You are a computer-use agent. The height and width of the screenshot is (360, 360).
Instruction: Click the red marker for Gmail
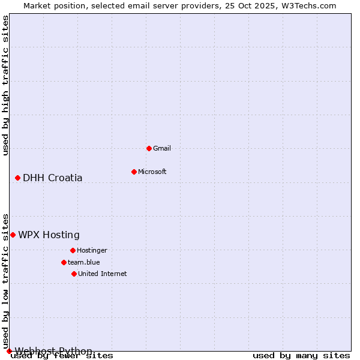coord(149,148)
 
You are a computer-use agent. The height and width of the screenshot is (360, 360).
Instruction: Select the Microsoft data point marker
coord(134,172)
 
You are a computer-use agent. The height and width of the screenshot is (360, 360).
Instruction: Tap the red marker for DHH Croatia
coord(17,178)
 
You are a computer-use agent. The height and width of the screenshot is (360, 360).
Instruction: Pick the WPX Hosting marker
coord(13,235)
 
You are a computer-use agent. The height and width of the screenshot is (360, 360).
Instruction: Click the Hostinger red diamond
coord(73,250)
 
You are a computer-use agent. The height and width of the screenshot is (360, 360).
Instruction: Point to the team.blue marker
coord(64,262)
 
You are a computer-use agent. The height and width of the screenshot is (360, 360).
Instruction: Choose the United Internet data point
coord(74,274)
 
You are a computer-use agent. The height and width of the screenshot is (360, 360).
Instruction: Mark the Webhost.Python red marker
coord(9,351)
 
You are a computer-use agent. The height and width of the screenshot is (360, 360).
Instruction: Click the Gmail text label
coord(162,148)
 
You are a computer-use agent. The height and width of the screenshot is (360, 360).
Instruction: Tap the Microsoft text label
coord(152,172)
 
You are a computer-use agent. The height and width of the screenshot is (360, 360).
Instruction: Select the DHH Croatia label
coord(53,178)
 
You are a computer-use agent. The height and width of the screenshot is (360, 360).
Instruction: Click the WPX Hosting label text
coord(49,235)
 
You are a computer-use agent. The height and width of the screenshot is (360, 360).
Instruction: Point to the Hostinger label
coord(92,250)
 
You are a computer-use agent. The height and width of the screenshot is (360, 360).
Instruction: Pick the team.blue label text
coord(84,262)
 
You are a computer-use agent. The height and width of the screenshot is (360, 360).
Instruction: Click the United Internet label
coord(103,274)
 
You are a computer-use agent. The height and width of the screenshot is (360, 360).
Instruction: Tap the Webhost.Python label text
coord(53,351)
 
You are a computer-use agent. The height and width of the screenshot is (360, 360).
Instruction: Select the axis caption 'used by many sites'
coord(301,356)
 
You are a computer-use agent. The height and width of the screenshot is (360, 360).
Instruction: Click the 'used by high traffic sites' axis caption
coord(5,85)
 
